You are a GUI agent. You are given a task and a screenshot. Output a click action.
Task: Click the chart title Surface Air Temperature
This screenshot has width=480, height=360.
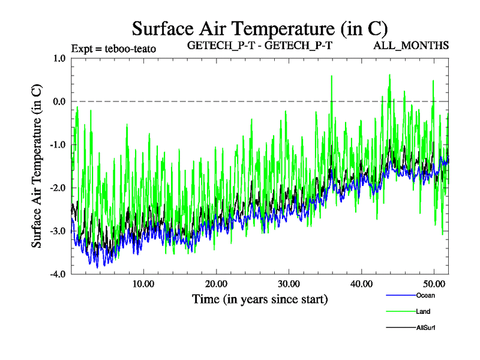[260, 28]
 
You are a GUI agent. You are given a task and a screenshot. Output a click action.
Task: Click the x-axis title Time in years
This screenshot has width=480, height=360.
[260, 298]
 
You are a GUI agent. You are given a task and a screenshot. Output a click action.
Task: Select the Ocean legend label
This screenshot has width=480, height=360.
[425, 295]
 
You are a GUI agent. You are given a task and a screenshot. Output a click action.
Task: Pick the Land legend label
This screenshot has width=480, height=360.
[422, 311]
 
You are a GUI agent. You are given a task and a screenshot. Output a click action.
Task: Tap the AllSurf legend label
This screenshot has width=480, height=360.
[425, 328]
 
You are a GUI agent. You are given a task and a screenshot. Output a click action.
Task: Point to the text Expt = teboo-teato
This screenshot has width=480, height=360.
[113, 49]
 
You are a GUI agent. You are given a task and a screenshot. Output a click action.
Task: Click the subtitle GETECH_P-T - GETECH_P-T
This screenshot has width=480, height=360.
[260, 46]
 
